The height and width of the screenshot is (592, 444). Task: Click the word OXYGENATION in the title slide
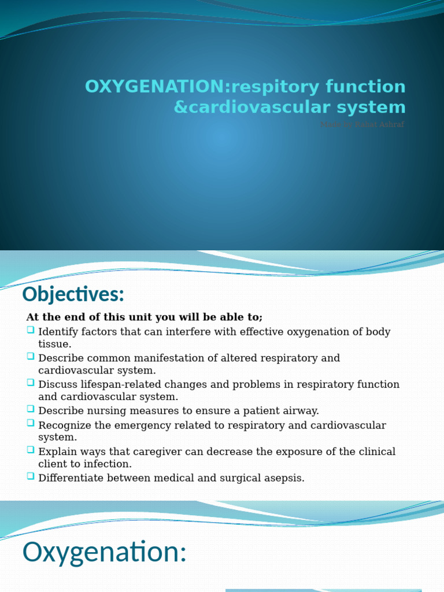coord(154,87)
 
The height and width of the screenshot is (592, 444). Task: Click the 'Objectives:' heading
coord(73,295)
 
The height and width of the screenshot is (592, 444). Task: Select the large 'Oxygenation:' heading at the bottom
coord(105,552)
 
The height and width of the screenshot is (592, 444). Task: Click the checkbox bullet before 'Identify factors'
coord(31,331)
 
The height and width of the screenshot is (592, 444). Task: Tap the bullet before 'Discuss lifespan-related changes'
coord(31,383)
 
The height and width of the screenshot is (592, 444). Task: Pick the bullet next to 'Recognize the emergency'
coord(31,424)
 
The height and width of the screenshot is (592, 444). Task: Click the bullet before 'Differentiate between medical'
coord(31,476)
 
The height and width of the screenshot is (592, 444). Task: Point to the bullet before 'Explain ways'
coord(31,450)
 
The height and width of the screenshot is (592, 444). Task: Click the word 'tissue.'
coord(55,345)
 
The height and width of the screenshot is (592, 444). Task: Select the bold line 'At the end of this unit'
coord(144,317)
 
